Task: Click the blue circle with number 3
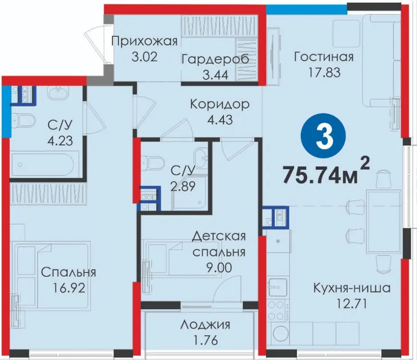pos(323,136)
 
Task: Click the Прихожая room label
pos(144,42)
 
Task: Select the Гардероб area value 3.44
pos(216,75)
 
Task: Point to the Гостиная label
pos(324,57)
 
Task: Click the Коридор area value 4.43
pos(220,120)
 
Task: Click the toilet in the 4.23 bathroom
pos(24,121)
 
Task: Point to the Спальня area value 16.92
pos(69,287)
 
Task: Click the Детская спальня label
pos(219,244)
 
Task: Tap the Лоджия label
pos(205,325)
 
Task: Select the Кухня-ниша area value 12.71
pos(352,303)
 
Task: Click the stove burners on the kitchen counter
pos(277,310)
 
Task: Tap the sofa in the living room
pos(382,61)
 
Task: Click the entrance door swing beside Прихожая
pos(97,44)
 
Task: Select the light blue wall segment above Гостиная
pos(307,9)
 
